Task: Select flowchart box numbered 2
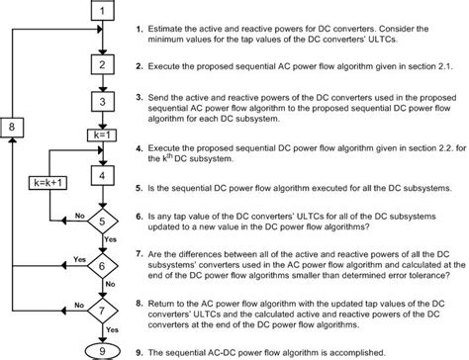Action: point(103,65)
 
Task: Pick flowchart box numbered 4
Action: point(103,174)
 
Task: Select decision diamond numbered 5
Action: point(103,221)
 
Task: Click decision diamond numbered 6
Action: point(103,267)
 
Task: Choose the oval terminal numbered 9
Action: point(103,348)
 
